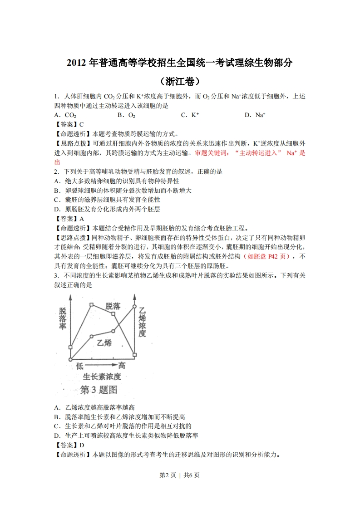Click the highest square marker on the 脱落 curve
91,305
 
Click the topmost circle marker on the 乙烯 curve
135,307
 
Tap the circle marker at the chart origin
70,359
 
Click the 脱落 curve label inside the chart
113,306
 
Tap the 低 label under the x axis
80,366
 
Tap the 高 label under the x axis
121,366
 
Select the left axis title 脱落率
63,319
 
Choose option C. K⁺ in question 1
190,115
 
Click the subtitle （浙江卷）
180,82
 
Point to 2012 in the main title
77,63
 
